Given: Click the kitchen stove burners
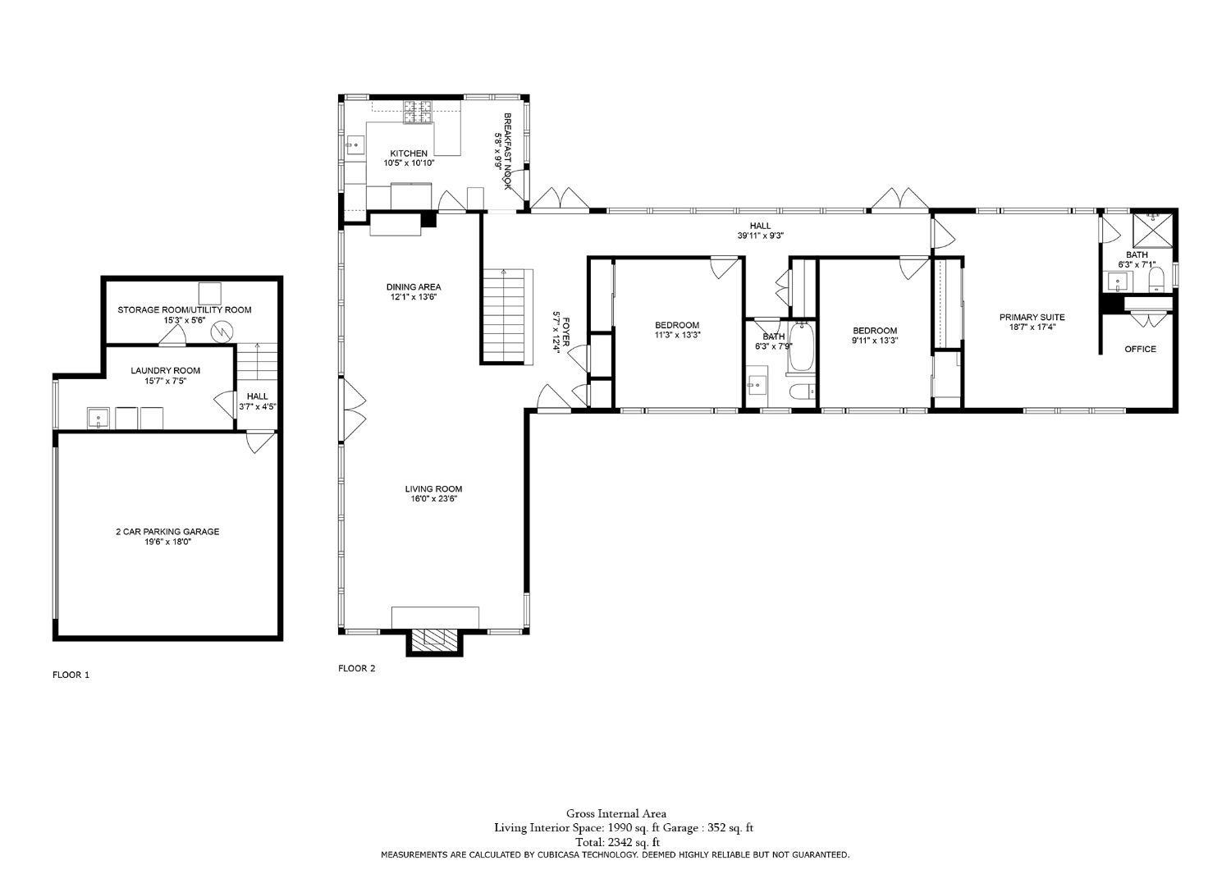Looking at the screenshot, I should (x=418, y=112).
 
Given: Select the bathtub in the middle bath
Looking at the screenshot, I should (x=800, y=346).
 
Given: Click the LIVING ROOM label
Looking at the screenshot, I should (x=433, y=489).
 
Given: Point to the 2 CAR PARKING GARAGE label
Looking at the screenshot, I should (x=167, y=531).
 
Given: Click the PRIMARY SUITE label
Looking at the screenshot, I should (x=1032, y=317).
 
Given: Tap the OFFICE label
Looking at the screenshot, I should (x=1140, y=349).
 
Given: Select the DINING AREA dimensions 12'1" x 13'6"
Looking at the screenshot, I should (x=414, y=297).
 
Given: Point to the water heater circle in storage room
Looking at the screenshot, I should (x=222, y=331).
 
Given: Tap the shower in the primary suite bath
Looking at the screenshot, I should (x=1153, y=229).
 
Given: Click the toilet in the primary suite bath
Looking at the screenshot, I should (x=1156, y=282).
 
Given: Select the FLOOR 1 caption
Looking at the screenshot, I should (x=71, y=675).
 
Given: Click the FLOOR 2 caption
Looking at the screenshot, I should (x=356, y=668).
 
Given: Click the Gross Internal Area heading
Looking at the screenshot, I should (x=615, y=814).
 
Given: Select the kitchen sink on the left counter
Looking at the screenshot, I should (x=355, y=145).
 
